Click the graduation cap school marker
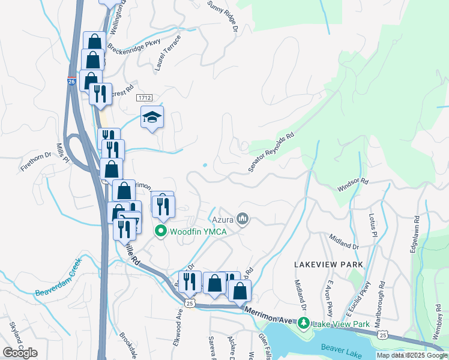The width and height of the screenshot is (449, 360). [x=152, y=117]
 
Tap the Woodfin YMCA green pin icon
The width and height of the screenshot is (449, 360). [x=160, y=230]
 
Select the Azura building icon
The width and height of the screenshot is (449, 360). [x=243, y=219]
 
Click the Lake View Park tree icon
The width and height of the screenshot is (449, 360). [x=304, y=324]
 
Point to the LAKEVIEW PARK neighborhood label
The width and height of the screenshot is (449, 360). [x=328, y=265]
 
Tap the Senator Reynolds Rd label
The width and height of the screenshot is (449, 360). [x=273, y=153]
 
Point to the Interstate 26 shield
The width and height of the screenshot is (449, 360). [x=71, y=82]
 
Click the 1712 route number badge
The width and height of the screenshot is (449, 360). [x=144, y=97]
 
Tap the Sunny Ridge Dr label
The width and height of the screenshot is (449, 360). [x=223, y=16]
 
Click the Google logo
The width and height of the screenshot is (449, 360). [x=20, y=352]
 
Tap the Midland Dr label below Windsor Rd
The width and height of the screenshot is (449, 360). [x=343, y=242]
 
